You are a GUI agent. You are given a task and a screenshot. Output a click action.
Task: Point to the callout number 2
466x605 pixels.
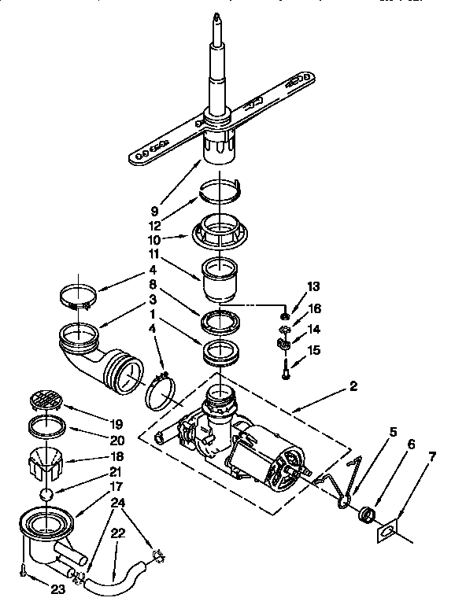(x=354, y=386)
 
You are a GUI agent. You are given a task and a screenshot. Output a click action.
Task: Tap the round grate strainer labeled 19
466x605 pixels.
(x=45, y=402)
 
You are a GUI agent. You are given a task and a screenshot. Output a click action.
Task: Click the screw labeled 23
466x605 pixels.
(x=23, y=567)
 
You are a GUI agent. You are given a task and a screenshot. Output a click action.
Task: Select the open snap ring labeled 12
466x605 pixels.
(x=222, y=188)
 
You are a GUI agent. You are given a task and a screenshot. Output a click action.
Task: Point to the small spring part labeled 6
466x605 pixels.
(x=365, y=516)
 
